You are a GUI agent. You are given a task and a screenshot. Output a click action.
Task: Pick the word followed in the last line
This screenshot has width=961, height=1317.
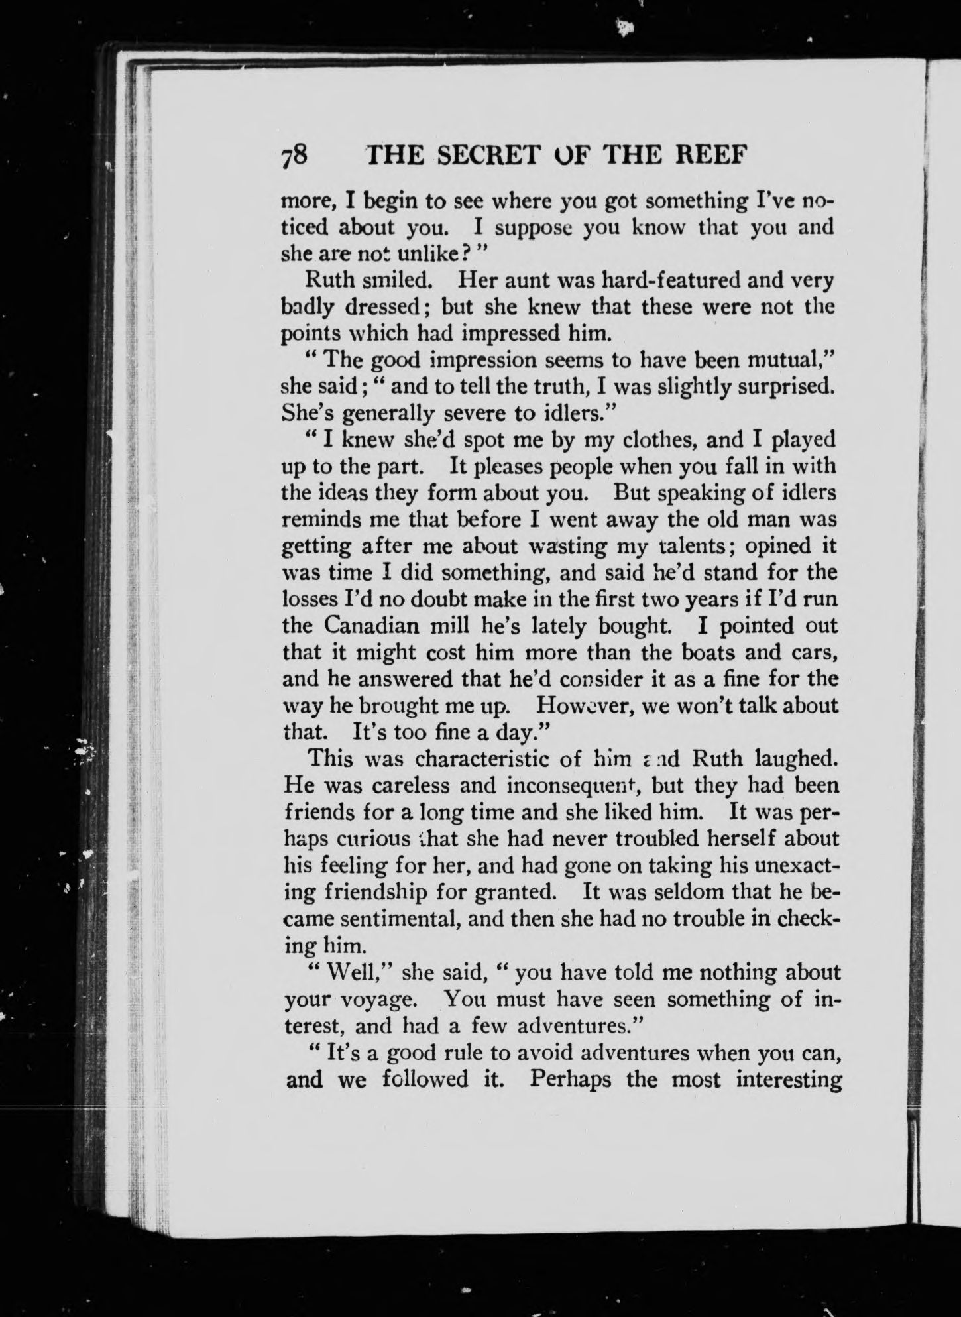tap(425, 1079)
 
